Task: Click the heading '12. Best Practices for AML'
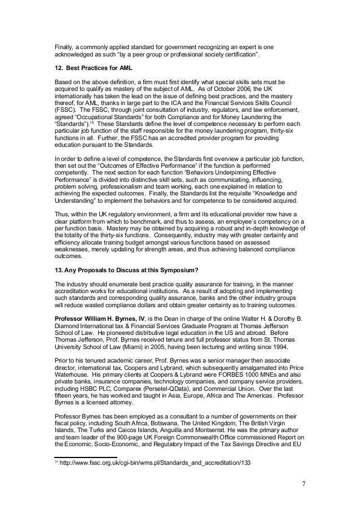89,67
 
